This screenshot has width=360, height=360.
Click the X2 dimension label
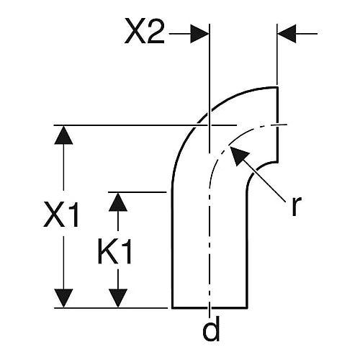[145, 31]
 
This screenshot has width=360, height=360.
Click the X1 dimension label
[61, 215]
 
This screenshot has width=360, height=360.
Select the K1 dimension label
[115, 251]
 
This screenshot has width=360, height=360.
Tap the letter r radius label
[296, 206]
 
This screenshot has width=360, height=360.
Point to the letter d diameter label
[211, 328]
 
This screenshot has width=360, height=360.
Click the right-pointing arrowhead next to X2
[199, 34]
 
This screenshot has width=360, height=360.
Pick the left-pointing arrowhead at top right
[287, 34]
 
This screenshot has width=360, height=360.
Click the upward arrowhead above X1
[63, 135]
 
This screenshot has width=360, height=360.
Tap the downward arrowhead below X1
[63, 298]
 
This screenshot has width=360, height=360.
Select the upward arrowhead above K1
[118, 202]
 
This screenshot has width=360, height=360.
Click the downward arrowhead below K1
[118, 298]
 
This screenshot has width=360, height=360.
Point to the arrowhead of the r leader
[239, 156]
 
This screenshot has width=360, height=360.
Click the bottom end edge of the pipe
[210, 307]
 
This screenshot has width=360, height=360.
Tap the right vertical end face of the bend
[277, 125]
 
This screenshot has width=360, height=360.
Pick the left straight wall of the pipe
[172, 247]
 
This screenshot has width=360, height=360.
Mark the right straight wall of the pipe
[247, 247]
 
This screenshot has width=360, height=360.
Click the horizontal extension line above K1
[138, 192]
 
